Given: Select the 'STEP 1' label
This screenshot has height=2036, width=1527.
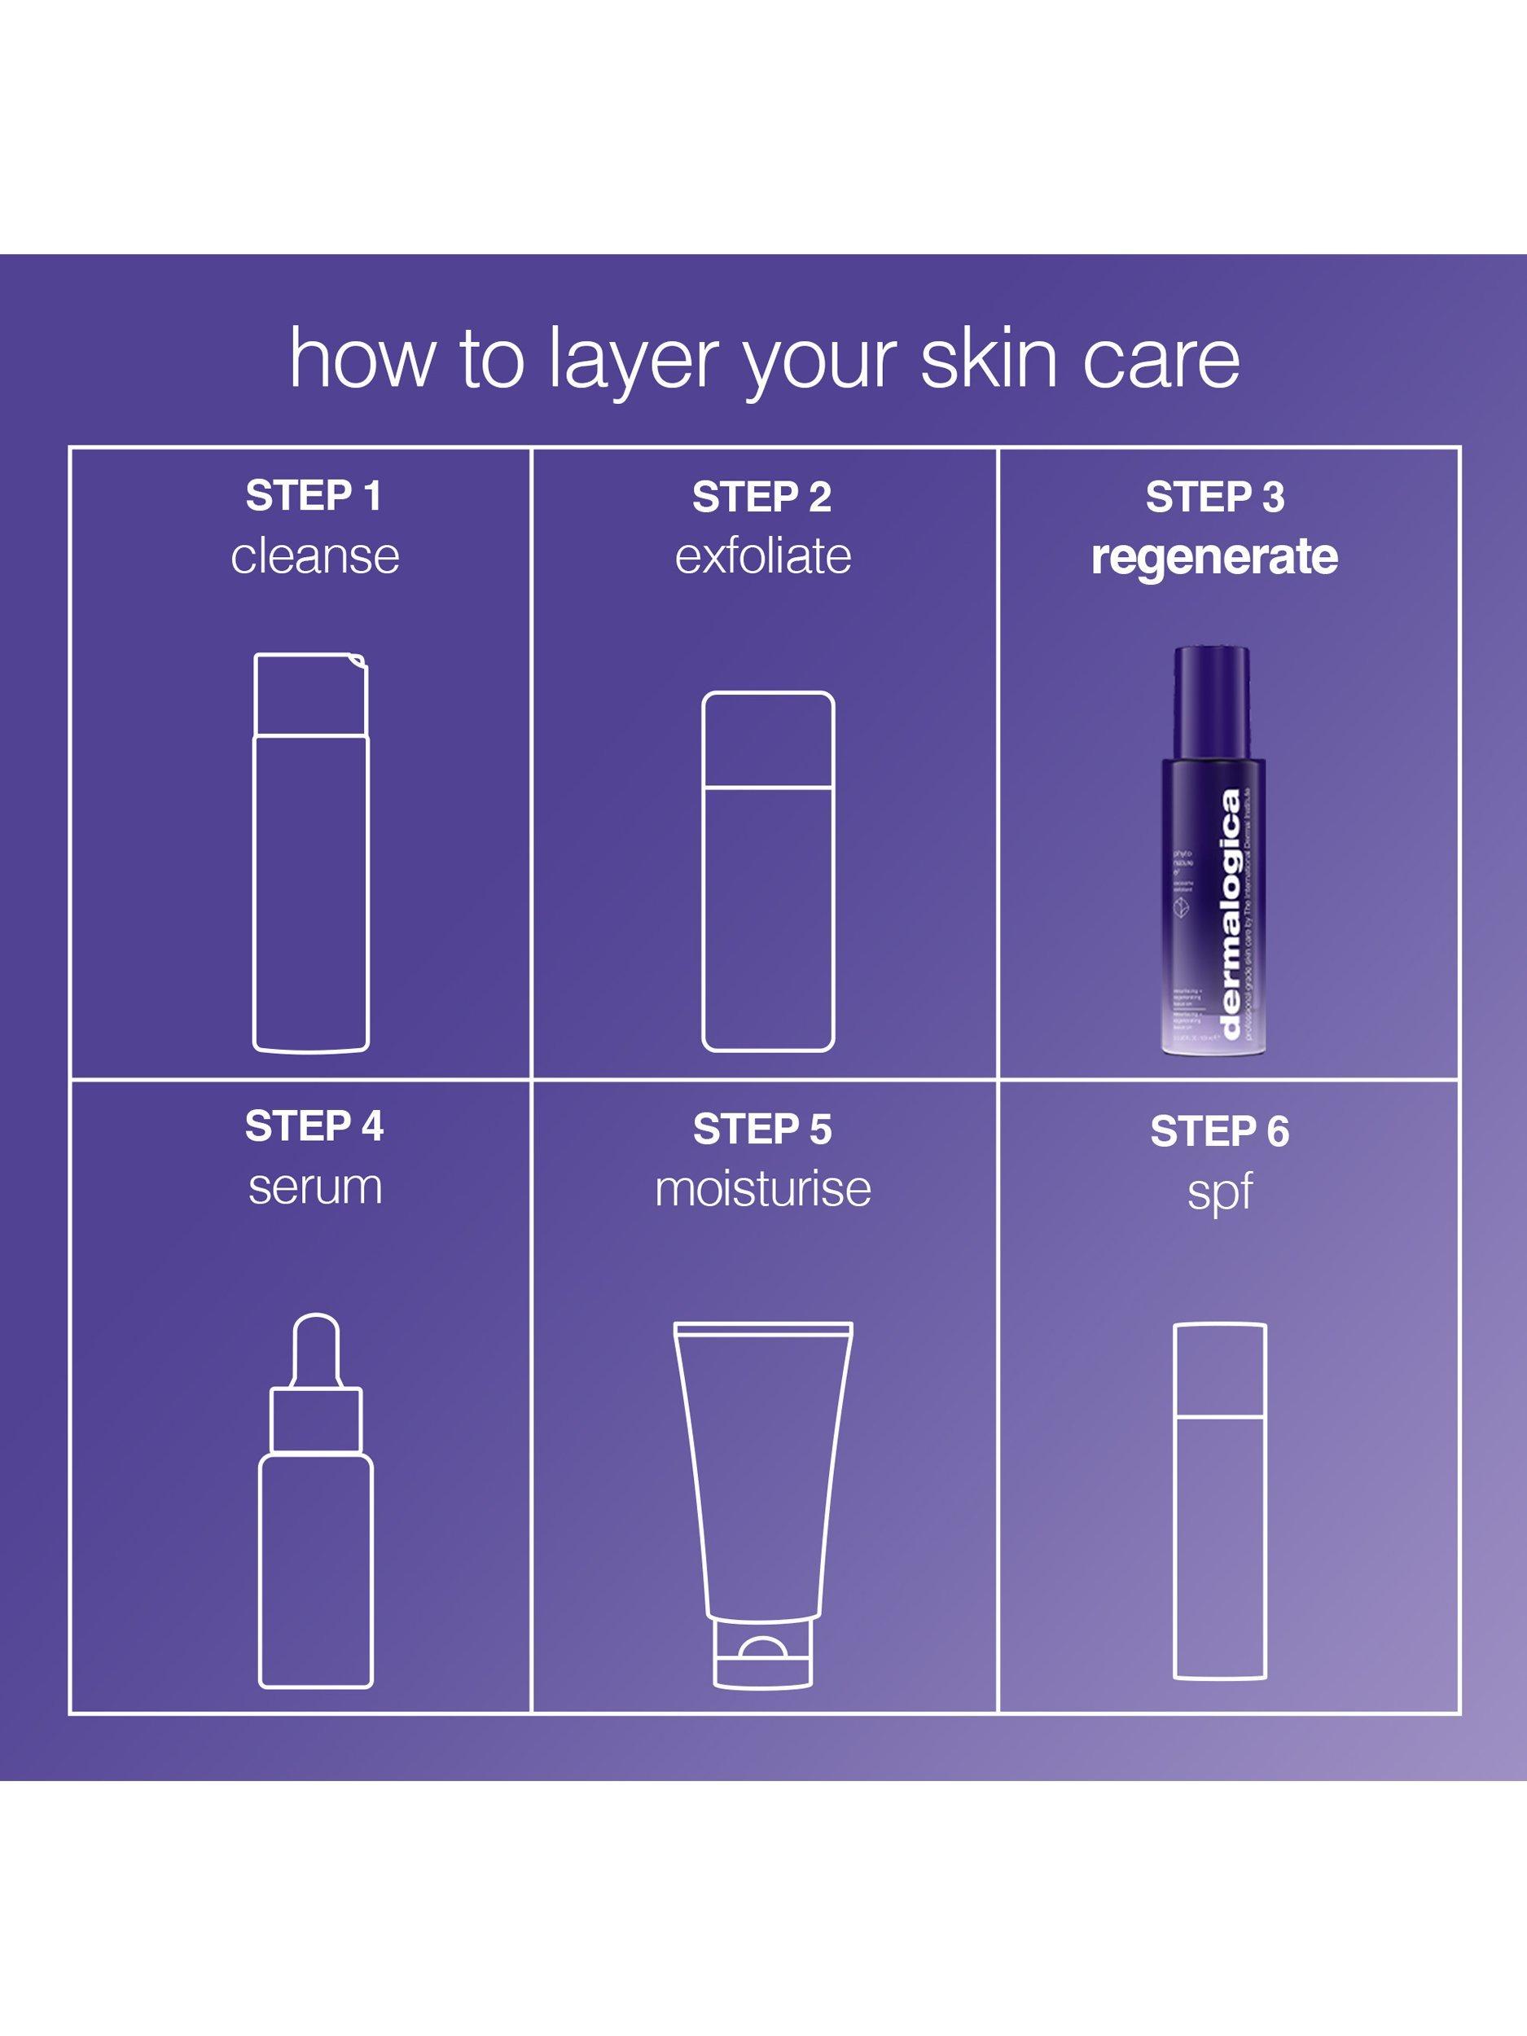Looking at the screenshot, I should coord(313,496).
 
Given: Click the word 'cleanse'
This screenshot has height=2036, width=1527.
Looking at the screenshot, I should coord(315,556).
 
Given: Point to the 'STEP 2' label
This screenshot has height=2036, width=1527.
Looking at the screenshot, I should coord(761,497).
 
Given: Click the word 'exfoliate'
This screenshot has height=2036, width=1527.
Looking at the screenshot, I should coord(763,556).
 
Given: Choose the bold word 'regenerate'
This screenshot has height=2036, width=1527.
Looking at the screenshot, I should coord(1214,558).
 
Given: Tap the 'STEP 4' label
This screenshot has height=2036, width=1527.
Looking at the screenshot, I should coord(314,1126).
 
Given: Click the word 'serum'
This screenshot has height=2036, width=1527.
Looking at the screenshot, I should coord(315,1187).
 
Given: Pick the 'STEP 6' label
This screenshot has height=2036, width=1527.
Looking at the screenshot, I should coord(1220,1132).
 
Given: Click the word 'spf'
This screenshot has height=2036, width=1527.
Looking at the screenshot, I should coord(1220,1193).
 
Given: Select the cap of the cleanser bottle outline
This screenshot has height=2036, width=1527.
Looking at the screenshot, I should coord(311,694).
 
